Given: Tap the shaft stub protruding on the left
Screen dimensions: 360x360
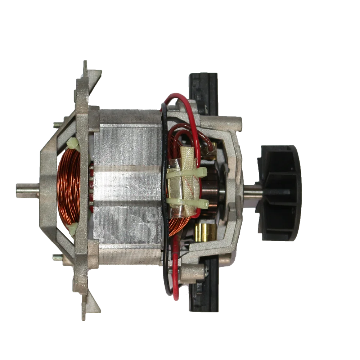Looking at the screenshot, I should (27, 190).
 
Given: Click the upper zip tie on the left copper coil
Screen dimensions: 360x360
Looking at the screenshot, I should (73, 144).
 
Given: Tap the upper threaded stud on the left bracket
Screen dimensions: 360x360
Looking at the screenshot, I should (58, 125).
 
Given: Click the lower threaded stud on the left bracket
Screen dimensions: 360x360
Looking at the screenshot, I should (58, 258).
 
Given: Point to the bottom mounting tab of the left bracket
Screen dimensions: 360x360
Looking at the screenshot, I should (86, 306).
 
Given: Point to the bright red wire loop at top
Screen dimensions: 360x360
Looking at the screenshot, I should (180, 99).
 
